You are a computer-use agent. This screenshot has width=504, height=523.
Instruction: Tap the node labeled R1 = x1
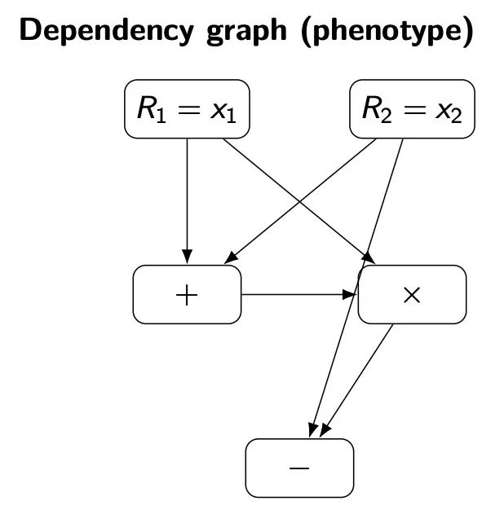[187, 109]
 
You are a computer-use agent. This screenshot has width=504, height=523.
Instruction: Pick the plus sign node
[187, 294]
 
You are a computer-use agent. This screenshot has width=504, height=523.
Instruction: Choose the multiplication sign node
[412, 294]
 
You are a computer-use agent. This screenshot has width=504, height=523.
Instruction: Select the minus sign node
[299, 468]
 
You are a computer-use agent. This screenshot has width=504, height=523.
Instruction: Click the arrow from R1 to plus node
[187, 196]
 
